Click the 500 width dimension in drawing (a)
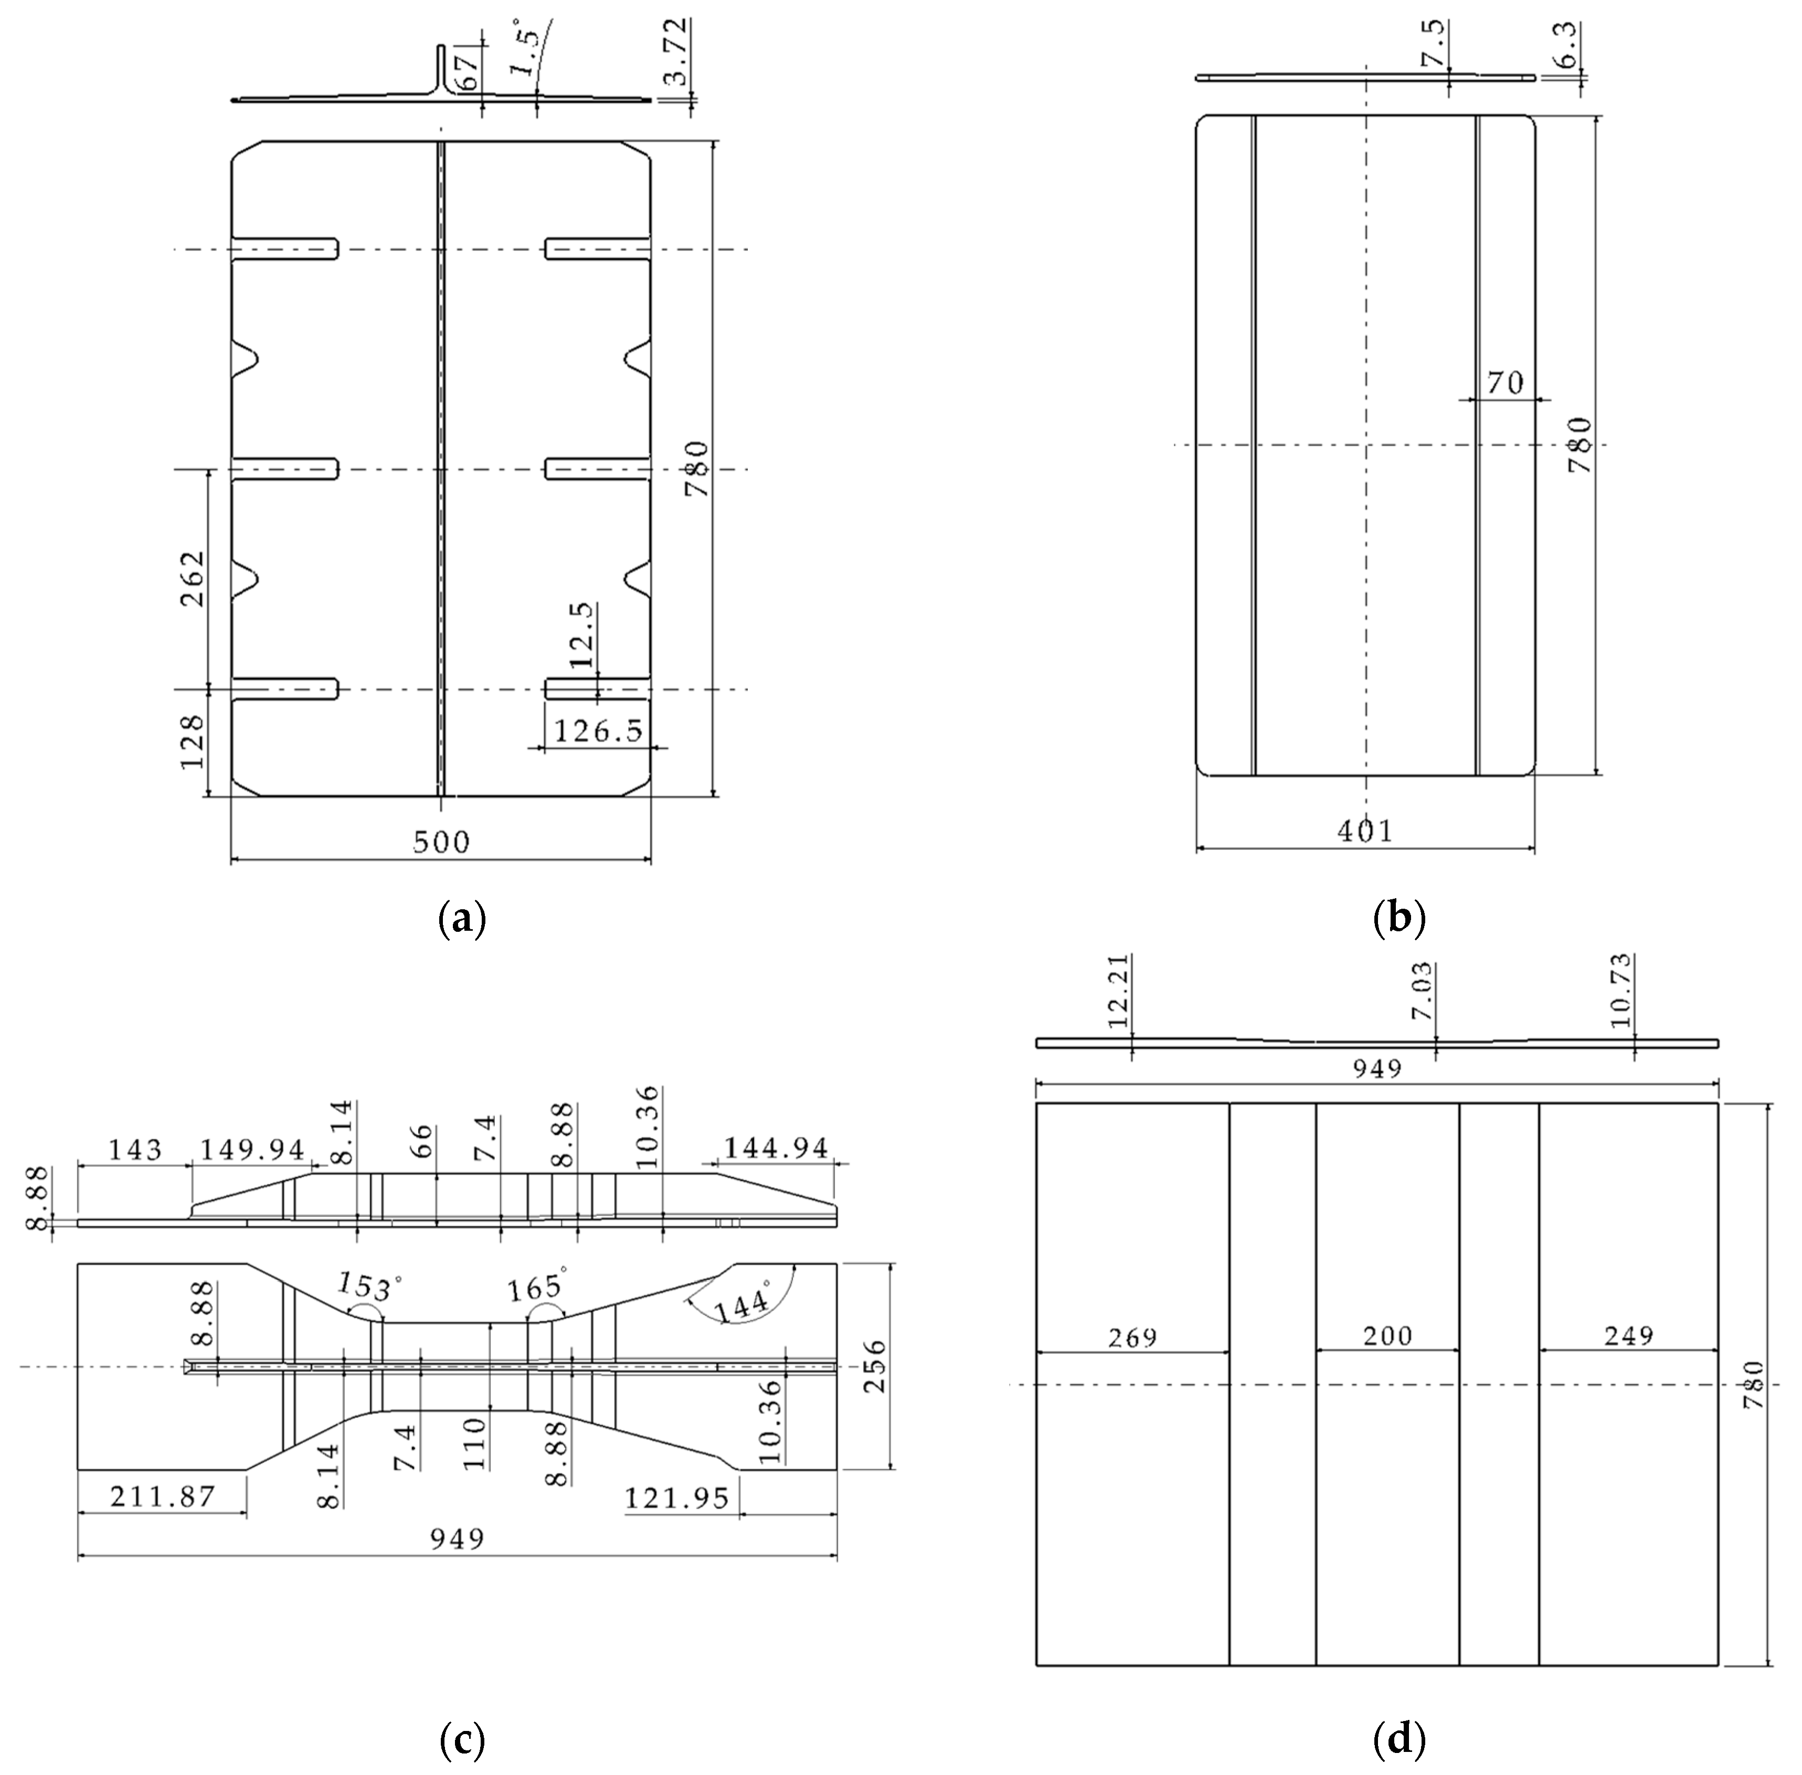click(x=441, y=842)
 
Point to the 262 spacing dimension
click(x=192, y=578)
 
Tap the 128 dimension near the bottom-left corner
click(x=192, y=742)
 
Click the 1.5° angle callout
click(x=525, y=51)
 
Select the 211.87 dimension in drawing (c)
click(x=162, y=1496)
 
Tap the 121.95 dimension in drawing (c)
click(x=676, y=1497)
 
